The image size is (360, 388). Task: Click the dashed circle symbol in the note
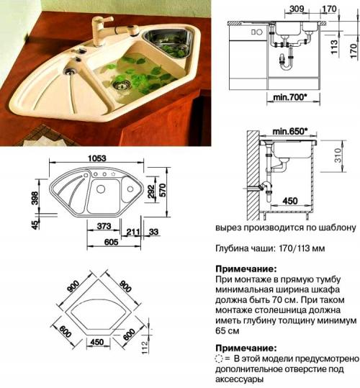220,358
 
